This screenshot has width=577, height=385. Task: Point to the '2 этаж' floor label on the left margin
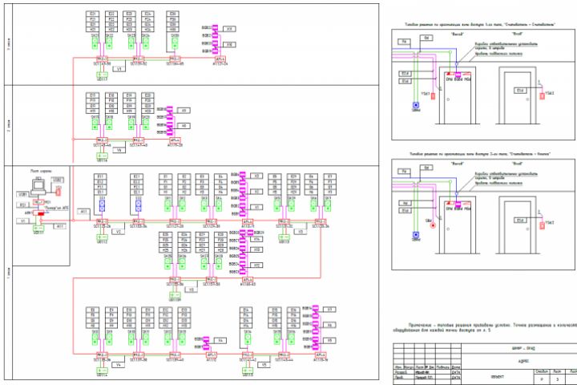pos(8,125)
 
